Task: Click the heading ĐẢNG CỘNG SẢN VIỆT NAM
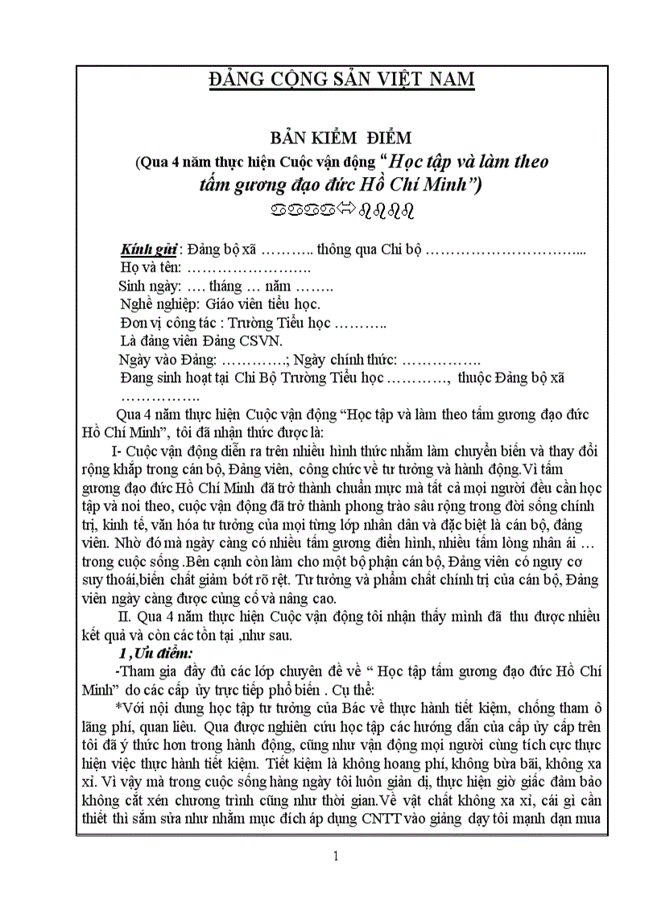[341, 80]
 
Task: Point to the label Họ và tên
[150, 266]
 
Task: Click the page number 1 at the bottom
[336, 857]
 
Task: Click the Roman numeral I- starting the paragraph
[114, 451]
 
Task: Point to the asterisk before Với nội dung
[118, 708]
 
